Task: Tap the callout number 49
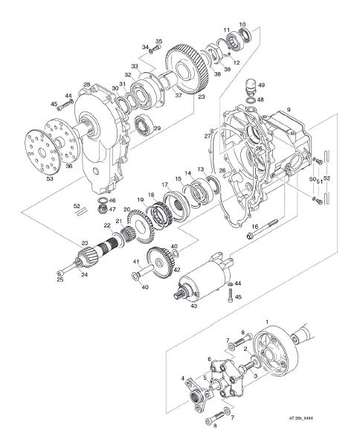pos(262,85)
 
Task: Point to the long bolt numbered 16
pos(262,228)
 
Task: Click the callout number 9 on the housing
pos(289,109)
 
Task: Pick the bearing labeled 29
pos(144,123)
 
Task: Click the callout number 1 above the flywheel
pos(267,322)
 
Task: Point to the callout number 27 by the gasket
pos(208,136)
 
